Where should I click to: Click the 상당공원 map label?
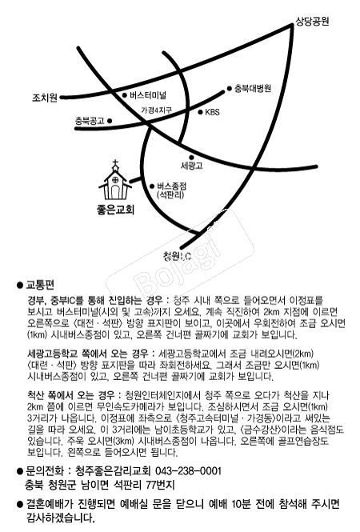[312, 22]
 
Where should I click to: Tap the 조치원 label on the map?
[45, 98]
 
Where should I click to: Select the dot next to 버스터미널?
[125, 95]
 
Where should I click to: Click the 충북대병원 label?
[253, 89]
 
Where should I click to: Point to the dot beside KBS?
[200, 112]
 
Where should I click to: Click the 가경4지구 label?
[157, 110]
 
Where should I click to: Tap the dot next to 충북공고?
[110, 121]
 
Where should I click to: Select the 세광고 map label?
[192, 166]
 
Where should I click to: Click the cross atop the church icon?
[115, 163]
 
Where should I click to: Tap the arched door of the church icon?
[115, 192]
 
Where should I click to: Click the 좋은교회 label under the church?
[116, 210]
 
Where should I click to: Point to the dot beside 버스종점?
[152, 186]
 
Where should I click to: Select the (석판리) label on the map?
[170, 195]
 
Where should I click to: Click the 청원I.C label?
[177, 256]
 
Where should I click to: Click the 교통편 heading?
[40, 285]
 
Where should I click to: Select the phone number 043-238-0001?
[188, 471]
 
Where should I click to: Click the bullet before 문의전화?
[19, 472]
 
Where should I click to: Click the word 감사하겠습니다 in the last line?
[61, 518]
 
